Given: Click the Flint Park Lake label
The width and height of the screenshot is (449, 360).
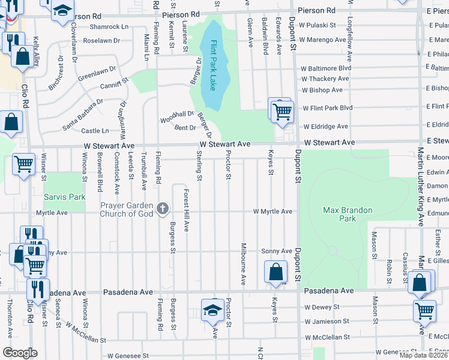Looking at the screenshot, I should tap(212, 64).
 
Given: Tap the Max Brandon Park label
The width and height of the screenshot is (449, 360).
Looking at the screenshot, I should tap(348, 214).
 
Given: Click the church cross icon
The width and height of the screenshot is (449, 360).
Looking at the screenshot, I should tap(161, 209).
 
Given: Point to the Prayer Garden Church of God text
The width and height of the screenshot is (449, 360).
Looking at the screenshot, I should tap(126, 209).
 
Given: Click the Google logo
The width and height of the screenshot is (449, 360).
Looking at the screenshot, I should tap(20, 353).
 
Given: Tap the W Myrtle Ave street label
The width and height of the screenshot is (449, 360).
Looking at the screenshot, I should tap(272, 212).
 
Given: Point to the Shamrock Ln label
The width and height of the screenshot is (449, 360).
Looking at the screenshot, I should tap(109, 27).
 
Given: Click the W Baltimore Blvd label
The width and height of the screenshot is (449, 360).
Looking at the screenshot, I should tap(325, 68).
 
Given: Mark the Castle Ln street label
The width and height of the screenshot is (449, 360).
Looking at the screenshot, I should tap(95, 131).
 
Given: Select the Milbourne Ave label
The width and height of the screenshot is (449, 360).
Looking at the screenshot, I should tap(244, 263).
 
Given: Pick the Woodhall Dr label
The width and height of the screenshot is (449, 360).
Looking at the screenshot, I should tap(177, 115).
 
